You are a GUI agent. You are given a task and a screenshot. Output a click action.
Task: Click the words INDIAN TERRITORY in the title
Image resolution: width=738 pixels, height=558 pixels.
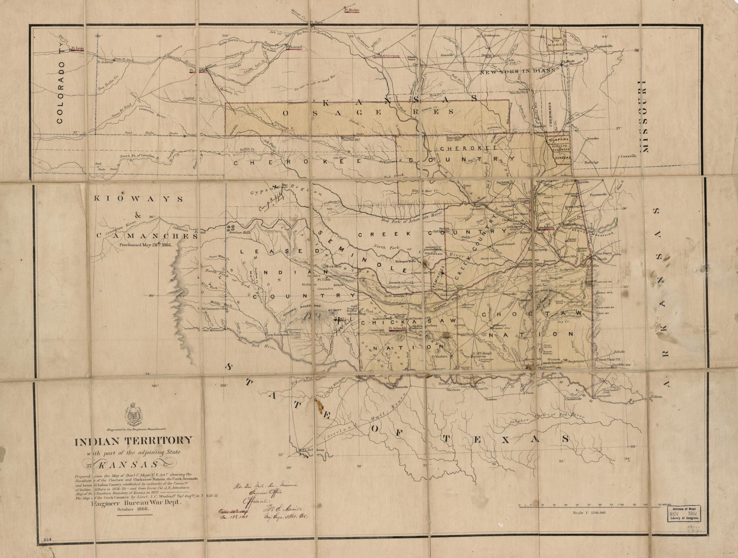[x=134, y=441]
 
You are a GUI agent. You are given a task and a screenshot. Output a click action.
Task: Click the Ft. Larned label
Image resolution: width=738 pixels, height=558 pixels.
[x=294, y=47]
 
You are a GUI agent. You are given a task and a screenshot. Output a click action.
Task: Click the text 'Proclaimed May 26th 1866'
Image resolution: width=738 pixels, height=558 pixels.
[x=146, y=245]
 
